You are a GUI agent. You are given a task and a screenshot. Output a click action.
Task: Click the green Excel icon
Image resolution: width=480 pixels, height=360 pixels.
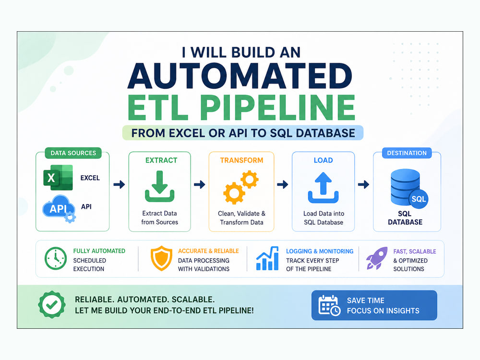pyautogui.click(x=58, y=178)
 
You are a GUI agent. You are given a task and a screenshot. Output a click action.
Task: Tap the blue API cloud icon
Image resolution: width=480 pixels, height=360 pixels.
pyautogui.click(x=59, y=209)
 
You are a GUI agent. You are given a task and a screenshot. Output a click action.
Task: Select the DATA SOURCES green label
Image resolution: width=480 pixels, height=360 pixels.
pyautogui.click(x=73, y=153)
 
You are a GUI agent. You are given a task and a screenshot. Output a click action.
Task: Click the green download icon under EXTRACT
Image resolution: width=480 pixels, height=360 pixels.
pyautogui.click(x=159, y=186)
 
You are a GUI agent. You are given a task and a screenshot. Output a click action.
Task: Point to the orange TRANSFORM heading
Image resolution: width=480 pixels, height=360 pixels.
pyautogui.click(x=241, y=160)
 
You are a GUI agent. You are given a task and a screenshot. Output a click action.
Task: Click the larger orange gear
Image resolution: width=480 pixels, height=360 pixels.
pyautogui.click(x=234, y=193)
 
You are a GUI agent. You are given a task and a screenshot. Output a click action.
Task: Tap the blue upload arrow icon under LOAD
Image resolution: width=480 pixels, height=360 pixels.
pyautogui.click(x=323, y=188)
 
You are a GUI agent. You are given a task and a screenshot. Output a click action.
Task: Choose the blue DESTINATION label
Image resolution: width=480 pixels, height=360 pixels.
pyautogui.click(x=407, y=153)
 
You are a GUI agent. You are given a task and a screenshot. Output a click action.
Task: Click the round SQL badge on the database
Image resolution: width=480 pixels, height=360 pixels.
pyautogui.click(x=419, y=199)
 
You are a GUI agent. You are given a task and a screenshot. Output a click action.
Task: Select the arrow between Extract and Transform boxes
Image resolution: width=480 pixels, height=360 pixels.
pyautogui.click(x=200, y=184)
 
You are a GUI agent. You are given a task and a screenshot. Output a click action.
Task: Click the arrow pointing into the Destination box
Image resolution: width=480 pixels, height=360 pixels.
pyautogui.click(x=364, y=184)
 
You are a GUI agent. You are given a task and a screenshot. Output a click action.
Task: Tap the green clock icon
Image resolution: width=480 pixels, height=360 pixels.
pyautogui.click(x=56, y=259)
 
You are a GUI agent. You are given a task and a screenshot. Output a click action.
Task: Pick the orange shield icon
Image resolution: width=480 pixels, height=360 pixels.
pyautogui.click(x=161, y=258)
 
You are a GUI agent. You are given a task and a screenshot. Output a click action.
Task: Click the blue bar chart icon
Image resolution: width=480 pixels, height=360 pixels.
pyautogui.click(x=267, y=259)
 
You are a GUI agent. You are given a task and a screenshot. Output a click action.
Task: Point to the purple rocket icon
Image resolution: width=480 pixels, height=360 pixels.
pyautogui.click(x=377, y=258)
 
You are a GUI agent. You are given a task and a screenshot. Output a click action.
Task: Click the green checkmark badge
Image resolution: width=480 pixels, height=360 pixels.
pyautogui.click(x=52, y=305)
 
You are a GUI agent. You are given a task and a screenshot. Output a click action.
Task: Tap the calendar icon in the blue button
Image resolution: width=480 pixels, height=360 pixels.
pyautogui.click(x=329, y=305)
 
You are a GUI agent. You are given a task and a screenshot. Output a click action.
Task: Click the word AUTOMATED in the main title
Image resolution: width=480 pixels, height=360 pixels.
pyautogui.click(x=240, y=76)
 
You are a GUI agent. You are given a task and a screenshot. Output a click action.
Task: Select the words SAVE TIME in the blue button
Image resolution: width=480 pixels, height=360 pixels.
pyautogui.click(x=365, y=300)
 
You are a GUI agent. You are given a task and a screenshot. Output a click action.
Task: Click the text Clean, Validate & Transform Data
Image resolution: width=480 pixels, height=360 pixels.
pyautogui.click(x=241, y=218)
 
